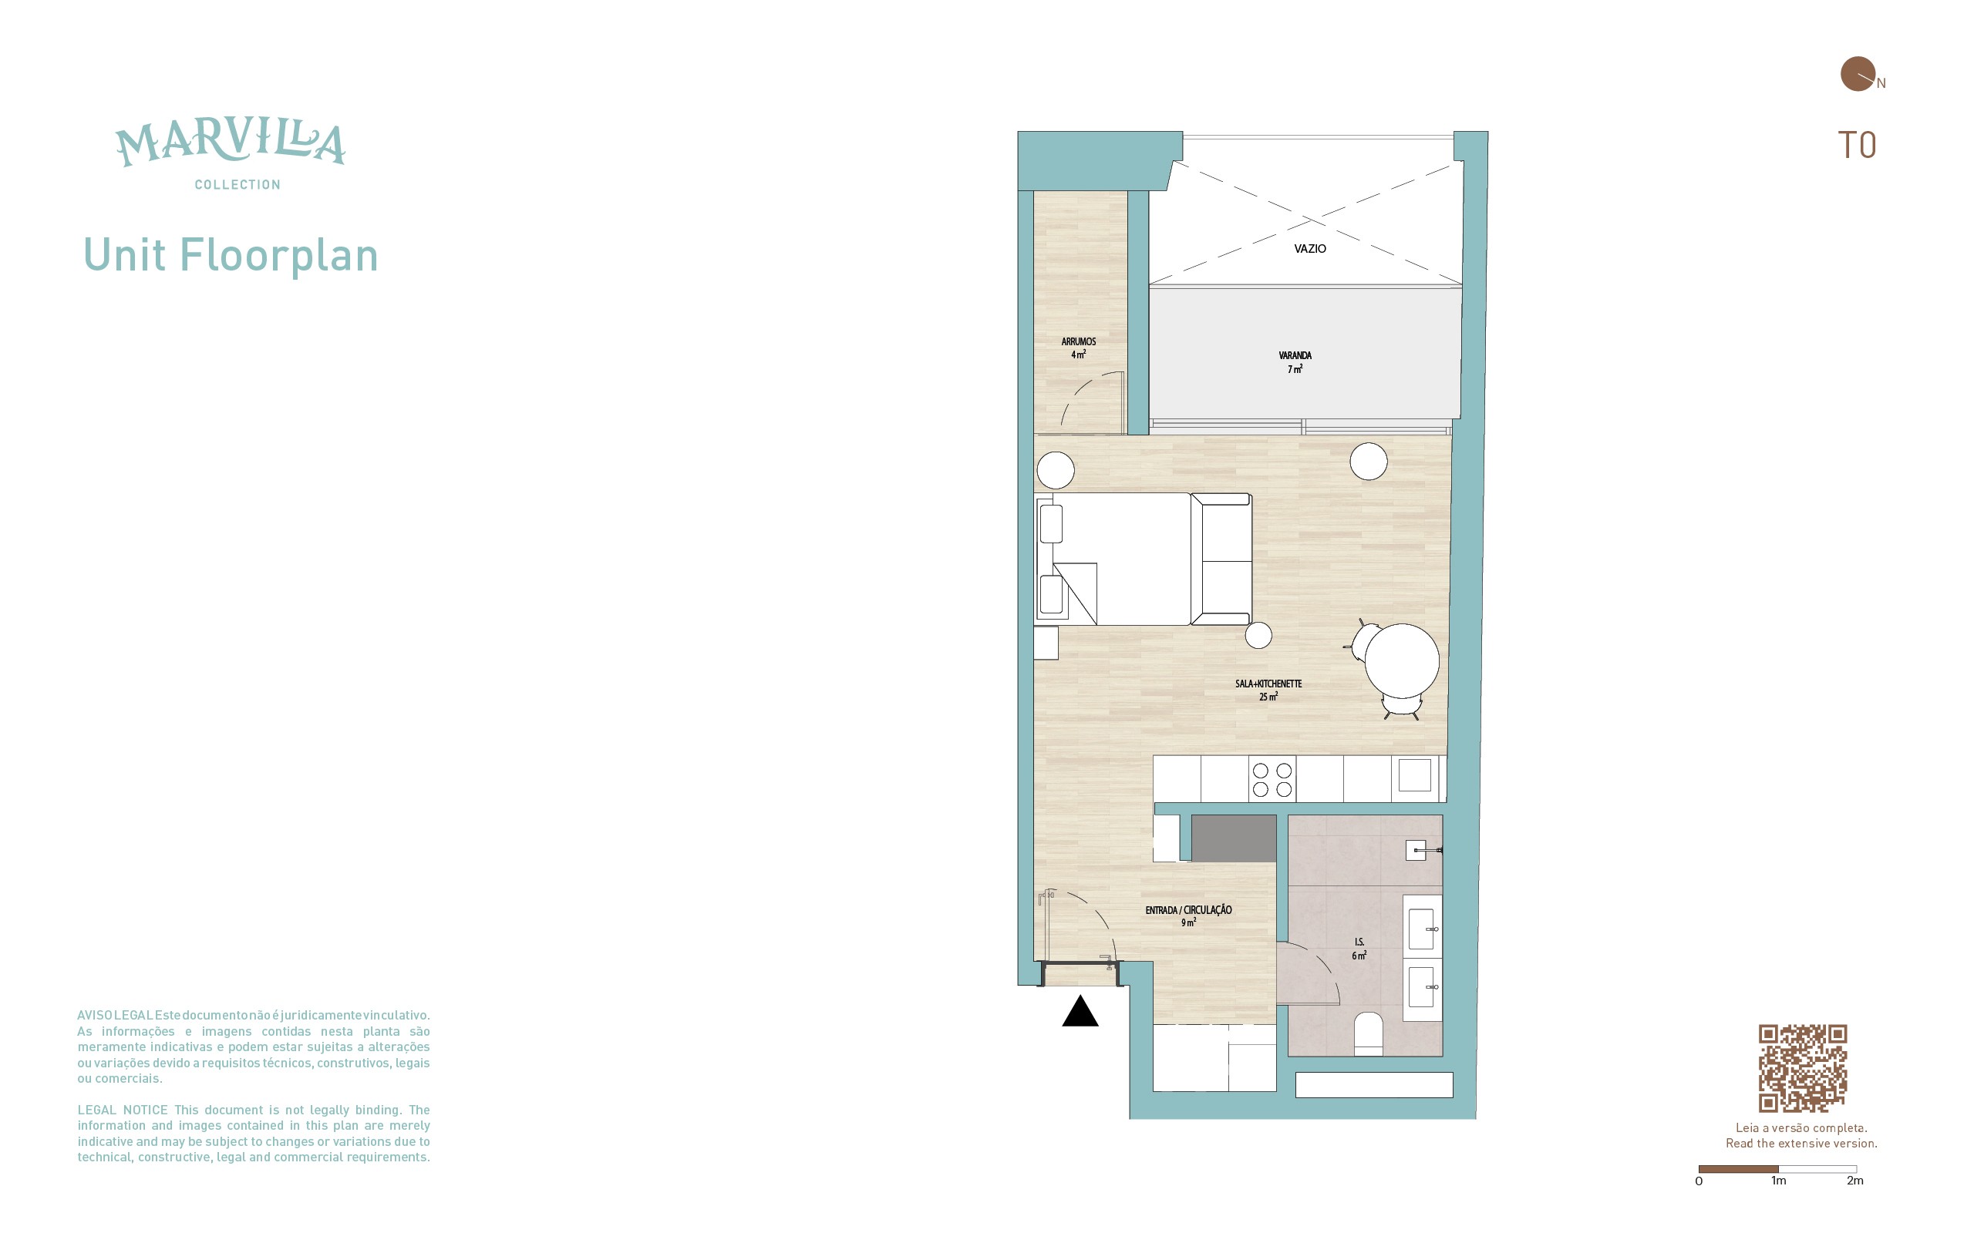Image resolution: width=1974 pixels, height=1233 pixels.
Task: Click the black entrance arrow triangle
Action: click(1080, 1012)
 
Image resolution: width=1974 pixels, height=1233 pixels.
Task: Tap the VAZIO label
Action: click(1310, 249)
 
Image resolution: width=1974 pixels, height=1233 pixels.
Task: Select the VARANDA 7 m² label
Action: click(1295, 362)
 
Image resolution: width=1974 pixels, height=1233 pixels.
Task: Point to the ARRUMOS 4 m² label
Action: click(1078, 348)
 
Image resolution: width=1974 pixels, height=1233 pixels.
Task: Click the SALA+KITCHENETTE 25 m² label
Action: click(1268, 690)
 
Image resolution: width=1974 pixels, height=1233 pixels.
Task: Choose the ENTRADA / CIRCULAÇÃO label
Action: click(1188, 910)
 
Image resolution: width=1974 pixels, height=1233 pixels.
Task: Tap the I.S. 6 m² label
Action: click(1359, 949)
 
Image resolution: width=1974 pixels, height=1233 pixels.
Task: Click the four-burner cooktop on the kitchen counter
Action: click(1272, 780)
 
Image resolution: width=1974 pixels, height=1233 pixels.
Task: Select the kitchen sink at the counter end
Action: click(1414, 775)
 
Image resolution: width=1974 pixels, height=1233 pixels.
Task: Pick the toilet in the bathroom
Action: click(1368, 1033)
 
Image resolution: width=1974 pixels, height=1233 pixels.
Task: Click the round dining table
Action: click(1402, 660)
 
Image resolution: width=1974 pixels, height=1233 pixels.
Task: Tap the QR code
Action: click(1803, 1068)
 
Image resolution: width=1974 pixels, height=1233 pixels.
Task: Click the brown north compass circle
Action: click(1858, 73)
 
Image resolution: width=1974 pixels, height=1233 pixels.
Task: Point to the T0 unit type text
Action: click(1857, 145)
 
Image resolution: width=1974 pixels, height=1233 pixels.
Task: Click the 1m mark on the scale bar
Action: click(1778, 1180)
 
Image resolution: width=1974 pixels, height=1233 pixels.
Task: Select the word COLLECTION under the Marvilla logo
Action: click(237, 185)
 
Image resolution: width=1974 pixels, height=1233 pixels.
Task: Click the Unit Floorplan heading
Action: click(231, 255)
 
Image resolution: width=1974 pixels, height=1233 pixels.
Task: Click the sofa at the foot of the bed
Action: click(1221, 559)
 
